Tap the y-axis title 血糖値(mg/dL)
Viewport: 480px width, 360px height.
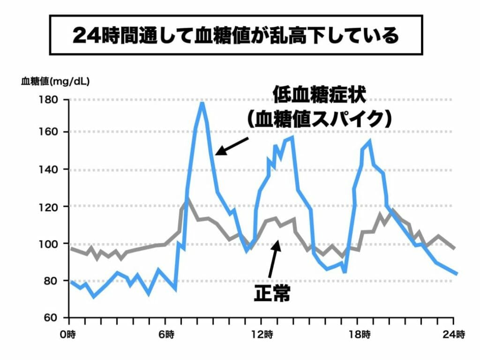click(55, 81)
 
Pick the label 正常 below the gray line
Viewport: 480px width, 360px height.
click(272, 294)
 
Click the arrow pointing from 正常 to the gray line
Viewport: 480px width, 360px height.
click(274, 260)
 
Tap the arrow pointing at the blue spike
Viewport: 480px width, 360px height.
click(232, 146)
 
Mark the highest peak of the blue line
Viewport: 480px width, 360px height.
click(202, 103)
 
